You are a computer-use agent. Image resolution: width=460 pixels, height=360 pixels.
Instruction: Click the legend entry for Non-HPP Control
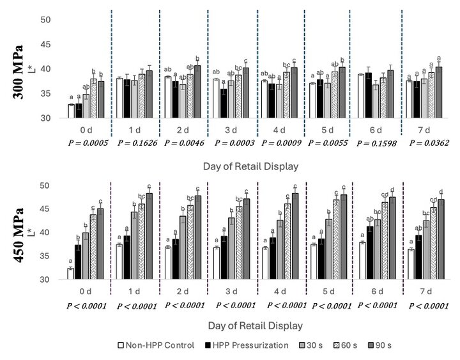156,346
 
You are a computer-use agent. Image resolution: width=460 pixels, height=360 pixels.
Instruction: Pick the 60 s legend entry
342,346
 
